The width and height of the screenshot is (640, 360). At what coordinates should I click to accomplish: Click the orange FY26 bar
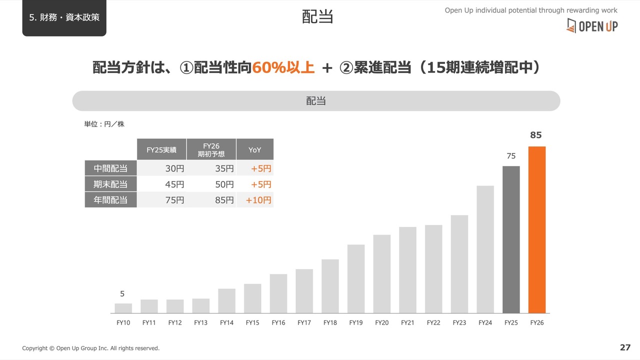(537, 229)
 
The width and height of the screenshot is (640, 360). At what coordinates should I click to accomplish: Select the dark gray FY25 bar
(511, 239)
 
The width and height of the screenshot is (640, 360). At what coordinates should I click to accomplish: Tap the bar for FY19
(356, 279)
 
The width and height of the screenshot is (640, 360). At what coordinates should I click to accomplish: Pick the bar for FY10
(123, 308)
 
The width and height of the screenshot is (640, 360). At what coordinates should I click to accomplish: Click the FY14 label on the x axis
(226, 323)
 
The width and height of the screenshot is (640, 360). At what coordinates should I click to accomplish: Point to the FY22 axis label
(433, 323)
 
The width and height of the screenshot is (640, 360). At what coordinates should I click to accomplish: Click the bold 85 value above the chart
(535, 135)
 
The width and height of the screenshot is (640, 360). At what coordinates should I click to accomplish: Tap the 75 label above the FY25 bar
(511, 156)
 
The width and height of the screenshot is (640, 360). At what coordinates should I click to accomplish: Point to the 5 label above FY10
(122, 293)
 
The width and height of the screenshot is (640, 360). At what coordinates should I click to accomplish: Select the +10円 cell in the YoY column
(258, 200)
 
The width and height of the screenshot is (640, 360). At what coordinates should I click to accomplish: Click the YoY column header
(255, 149)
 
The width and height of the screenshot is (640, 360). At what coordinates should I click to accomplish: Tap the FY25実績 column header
(161, 149)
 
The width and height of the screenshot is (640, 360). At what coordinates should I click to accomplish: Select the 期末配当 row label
(110, 184)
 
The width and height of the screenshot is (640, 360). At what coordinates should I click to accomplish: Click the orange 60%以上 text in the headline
(283, 67)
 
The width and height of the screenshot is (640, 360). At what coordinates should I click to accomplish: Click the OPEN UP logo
(592, 26)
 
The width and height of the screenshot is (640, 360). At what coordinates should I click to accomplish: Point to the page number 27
(625, 347)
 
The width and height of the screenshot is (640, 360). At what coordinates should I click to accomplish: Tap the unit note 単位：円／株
(104, 124)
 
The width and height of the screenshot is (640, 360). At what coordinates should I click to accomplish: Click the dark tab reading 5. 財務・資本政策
(64, 17)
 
